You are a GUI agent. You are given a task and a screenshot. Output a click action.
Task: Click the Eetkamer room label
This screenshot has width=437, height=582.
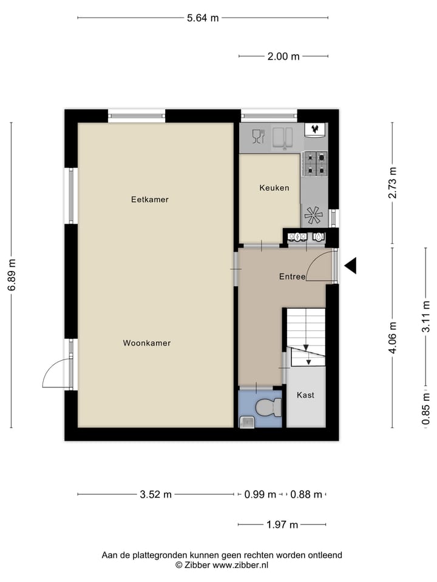pyautogui.click(x=149, y=199)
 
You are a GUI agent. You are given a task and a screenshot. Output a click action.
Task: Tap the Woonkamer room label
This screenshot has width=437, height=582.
pyautogui.click(x=147, y=343)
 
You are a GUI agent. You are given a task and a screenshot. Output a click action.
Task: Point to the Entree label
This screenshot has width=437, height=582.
pyautogui.click(x=292, y=277)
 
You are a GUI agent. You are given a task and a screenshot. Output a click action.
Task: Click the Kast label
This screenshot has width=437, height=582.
pyautogui.click(x=305, y=395)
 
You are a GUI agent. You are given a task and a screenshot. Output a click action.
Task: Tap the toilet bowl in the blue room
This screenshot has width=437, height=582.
pyautogui.click(x=266, y=407)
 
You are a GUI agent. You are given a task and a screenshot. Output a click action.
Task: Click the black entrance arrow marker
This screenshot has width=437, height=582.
pyautogui.click(x=350, y=266)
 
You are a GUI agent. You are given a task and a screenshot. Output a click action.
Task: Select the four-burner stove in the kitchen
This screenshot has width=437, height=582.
pyautogui.click(x=315, y=163)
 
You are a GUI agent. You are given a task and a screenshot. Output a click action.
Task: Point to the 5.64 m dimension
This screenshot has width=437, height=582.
pyautogui.click(x=203, y=18)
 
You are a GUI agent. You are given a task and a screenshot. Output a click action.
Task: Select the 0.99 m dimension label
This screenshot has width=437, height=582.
pyautogui.click(x=260, y=494)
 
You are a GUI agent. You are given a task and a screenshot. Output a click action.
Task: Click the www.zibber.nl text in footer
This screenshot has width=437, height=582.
pyautogui.click(x=240, y=564)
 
